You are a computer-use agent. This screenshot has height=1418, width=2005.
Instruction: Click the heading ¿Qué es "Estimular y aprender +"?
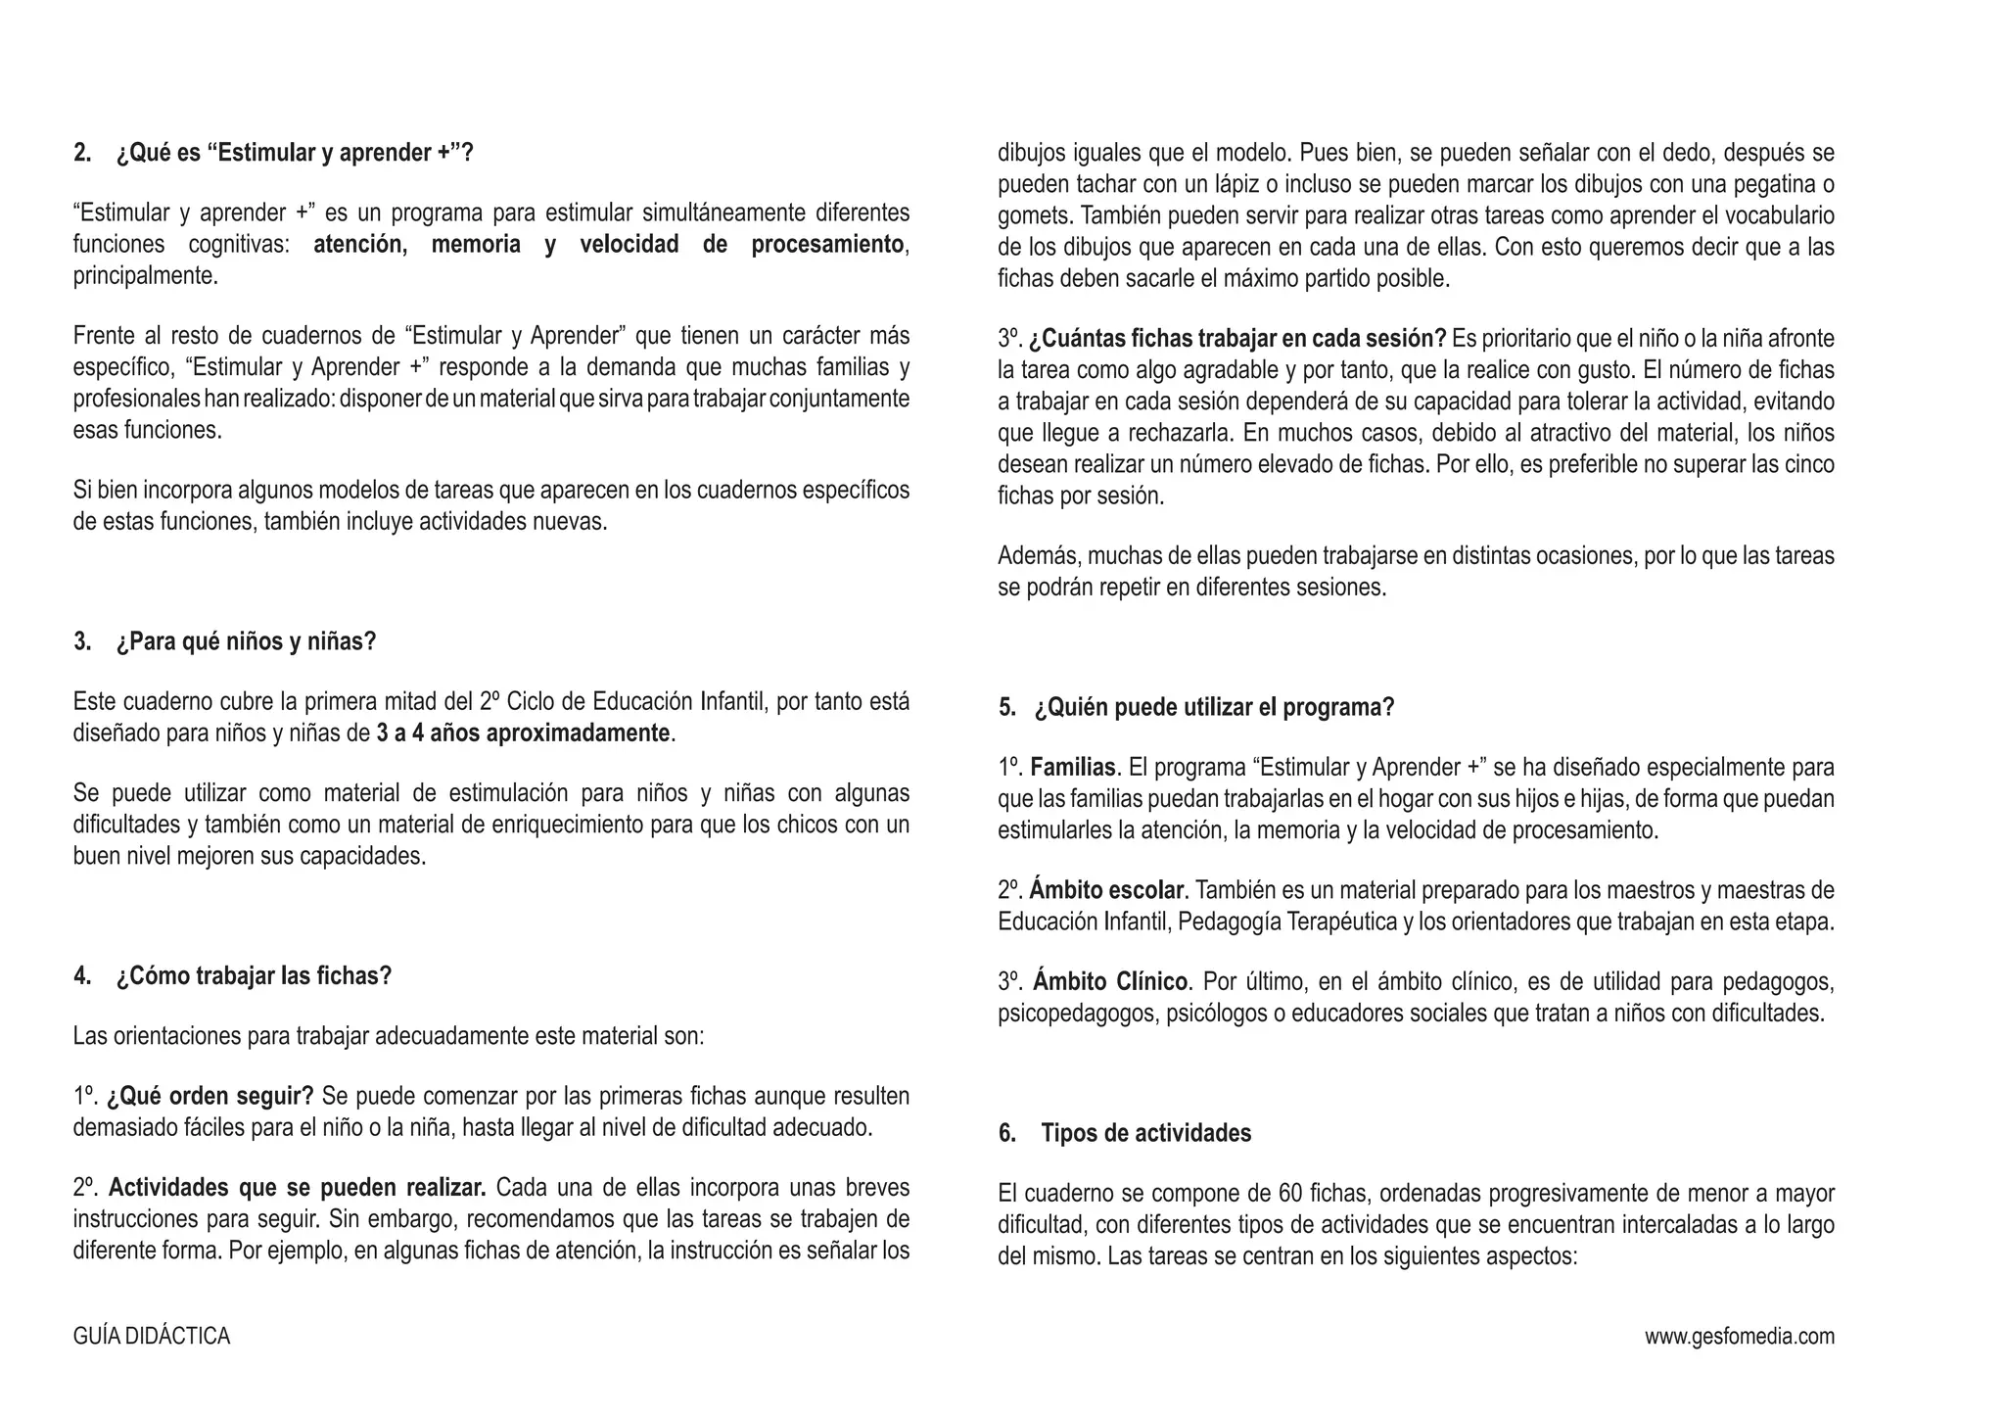(294, 153)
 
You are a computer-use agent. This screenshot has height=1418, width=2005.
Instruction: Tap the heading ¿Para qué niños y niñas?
(246, 642)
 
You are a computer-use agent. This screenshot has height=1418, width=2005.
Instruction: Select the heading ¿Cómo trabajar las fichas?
(254, 976)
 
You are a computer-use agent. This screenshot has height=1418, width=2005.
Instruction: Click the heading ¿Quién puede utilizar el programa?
(1214, 708)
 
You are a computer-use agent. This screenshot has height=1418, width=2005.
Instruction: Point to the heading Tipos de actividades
(1145, 1134)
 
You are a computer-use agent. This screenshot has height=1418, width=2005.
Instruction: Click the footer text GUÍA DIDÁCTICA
(152, 1337)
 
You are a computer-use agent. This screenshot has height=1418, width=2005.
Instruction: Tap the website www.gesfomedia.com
(1739, 1337)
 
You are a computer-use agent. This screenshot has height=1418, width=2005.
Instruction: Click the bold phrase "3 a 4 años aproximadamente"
(523, 733)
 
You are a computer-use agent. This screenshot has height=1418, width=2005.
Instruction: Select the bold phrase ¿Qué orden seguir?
(210, 1096)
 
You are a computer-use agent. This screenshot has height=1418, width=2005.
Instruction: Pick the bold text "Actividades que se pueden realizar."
(297, 1189)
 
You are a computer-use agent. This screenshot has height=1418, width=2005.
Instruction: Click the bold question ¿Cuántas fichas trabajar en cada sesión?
(1237, 339)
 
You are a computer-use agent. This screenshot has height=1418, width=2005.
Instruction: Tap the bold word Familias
(1073, 768)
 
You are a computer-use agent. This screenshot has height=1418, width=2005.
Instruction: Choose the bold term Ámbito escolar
(1107, 891)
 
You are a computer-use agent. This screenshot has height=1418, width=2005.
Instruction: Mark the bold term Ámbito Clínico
(1110, 981)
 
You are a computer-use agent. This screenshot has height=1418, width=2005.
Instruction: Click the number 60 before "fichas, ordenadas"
(1290, 1194)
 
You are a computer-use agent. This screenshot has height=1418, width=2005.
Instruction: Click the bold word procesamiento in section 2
(827, 245)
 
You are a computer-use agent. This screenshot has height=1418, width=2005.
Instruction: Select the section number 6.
(1006, 1134)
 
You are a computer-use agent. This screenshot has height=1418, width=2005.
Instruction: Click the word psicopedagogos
(1076, 1014)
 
